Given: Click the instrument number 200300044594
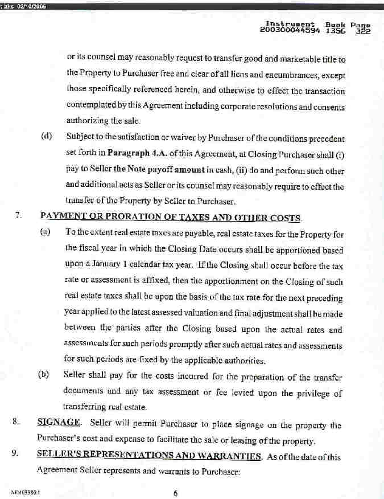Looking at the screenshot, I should [290, 31].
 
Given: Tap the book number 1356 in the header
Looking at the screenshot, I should [334, 31].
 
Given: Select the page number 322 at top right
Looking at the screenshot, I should [362, 31].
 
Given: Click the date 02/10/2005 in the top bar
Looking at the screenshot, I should [31, 6].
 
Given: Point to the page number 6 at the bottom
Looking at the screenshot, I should [176, 493].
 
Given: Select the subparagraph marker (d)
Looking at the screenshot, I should [47, 137].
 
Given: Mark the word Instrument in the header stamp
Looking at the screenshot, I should [290, 25].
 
